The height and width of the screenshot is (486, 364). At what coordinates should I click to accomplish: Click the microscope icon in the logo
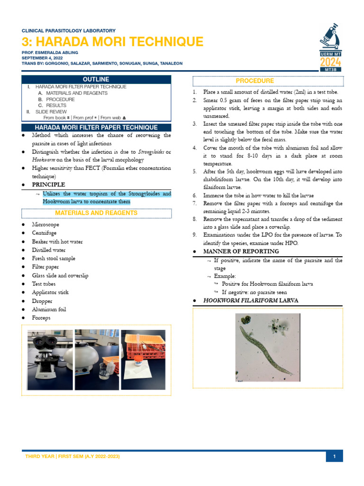pos(331,37)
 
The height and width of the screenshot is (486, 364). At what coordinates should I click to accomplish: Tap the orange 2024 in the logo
pos(330,62)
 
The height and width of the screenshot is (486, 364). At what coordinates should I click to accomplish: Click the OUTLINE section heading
pos(96,79)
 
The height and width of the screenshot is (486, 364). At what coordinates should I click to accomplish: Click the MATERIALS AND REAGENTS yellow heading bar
pos(96,213)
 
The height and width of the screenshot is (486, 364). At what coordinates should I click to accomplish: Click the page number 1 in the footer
pos(334,457)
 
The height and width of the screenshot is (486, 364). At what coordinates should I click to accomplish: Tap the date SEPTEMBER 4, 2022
pos(42,57)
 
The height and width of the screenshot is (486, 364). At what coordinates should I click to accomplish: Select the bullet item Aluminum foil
pos(49,309)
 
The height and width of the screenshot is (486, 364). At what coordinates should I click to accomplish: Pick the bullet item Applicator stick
pos(50,292)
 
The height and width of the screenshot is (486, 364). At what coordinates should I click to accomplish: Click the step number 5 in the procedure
pos(194,171)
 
